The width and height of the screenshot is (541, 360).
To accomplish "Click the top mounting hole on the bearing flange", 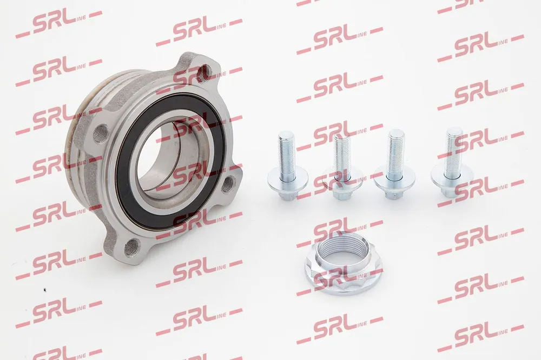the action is (205, 72).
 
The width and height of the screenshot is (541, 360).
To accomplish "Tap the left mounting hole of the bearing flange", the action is (100, 132).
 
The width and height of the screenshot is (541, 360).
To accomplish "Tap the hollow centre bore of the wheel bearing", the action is (166, 162).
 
